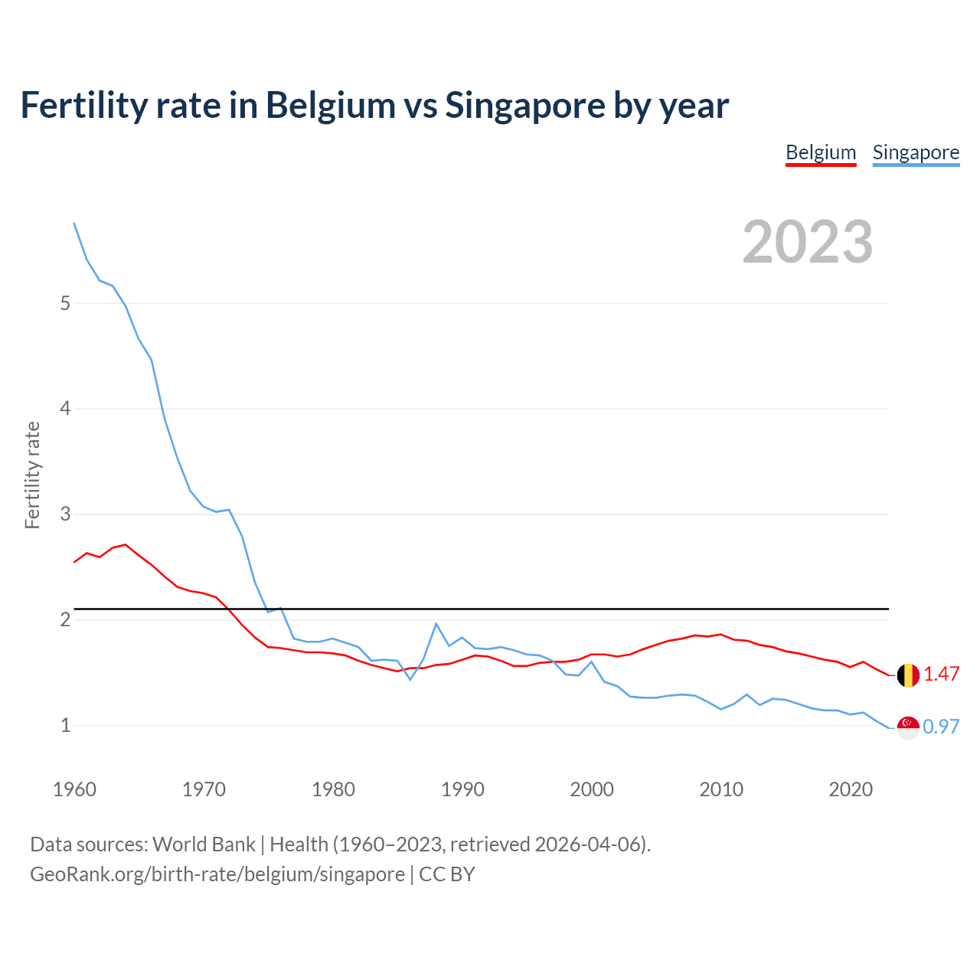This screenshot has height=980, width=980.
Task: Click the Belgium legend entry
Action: click(x=821, y=152)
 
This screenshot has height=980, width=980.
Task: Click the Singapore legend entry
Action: click(x=916, y=152)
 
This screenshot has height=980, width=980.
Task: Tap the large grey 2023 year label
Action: click(x=808, y=242)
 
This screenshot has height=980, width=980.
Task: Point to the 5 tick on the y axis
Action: click(x=65, y=303)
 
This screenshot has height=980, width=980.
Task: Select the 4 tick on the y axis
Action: click(x=65, y=409)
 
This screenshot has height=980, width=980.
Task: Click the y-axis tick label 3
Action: click(x=65, y=514)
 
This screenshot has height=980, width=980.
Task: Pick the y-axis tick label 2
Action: click(x=65, y=619)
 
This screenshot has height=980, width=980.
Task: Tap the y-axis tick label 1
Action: click(x=65, y=725)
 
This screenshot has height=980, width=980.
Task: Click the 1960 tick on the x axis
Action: click(x=74, y=789)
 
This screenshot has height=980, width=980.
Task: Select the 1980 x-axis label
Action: click(x=333, y=789)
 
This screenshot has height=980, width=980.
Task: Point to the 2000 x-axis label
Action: click(x=592, y=789)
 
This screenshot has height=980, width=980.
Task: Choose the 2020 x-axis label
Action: click(x=851, y=789)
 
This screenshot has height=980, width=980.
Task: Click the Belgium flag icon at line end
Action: click(x=908, y=675)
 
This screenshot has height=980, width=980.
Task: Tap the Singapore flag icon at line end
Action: click(x=908, y=727)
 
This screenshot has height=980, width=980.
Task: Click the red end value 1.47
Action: click(x=942, y=674)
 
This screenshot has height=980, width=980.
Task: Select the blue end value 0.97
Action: click(x=942, y=727)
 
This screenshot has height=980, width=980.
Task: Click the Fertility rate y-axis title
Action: click(x=32, y=475)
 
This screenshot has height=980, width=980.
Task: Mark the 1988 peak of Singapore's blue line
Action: click(x=436, y=624)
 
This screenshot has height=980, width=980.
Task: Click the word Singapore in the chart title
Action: click(x=524, y=105)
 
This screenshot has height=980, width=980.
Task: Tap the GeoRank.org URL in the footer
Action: click(x=217, y=874)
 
